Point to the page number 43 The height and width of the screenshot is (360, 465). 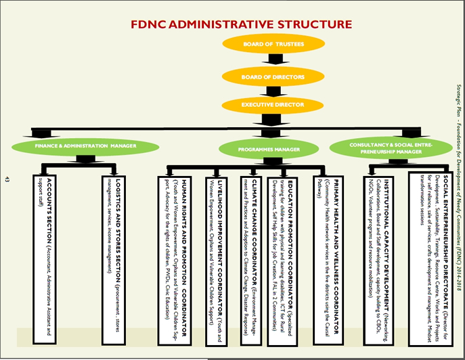[x=7, y=179]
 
